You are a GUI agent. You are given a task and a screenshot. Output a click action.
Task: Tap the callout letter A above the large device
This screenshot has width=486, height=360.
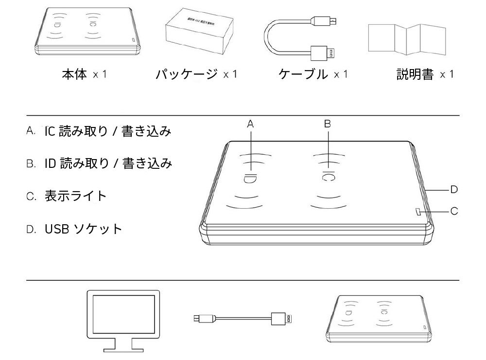coord(251,124)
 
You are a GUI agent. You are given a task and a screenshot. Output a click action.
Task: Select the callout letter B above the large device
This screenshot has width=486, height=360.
coord(328,124)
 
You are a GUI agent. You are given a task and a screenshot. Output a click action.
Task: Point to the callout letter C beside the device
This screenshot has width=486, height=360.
coord(454,211)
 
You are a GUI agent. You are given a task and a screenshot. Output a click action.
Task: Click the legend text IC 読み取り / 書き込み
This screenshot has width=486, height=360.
coord(107,131)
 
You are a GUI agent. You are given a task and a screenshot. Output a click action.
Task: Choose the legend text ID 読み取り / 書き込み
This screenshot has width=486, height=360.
coord(107,163)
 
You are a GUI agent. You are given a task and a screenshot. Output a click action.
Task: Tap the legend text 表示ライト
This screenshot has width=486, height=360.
coord(75,196)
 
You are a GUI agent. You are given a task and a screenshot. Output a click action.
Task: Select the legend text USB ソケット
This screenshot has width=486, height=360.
coord(83,228)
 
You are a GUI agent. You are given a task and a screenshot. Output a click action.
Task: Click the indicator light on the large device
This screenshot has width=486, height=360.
coord(418,211)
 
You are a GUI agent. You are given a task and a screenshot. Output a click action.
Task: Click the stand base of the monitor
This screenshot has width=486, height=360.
coord(122,348)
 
